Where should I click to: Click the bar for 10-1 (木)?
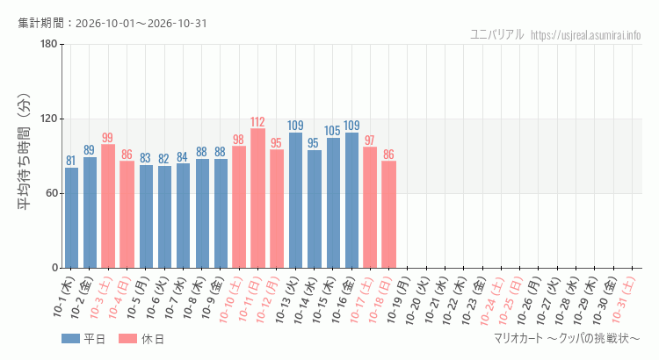(x=71, y=218)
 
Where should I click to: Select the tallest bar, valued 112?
(x=257, y=198)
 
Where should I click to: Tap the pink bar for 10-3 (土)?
(x=108, y=206)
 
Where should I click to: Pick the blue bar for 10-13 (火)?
(x=295, y=200)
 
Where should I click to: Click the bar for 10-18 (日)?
(x=388, y=214)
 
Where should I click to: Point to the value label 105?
(x=332, y=130)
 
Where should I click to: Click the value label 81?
(x=70, y=161)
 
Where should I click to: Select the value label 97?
(x=369, y=140)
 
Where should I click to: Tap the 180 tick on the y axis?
(x=49, y=44)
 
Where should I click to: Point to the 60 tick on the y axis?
(x=52, y=193)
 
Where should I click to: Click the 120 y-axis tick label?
(x=49, y=119)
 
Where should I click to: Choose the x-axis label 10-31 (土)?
(x=623, y=299)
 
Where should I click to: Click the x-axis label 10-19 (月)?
(x=398, y=299)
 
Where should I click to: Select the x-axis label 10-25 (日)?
(x=511, y=299)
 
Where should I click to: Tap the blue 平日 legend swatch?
(x=70, y=339)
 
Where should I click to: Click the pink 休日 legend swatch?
(x=127, y=339)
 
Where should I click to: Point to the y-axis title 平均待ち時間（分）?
(x=24, y=152)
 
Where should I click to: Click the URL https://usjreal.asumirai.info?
(x=585, y=35)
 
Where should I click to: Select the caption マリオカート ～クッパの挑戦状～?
(x=567, y=338)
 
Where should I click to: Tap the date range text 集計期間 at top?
(x=112, y=23)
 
